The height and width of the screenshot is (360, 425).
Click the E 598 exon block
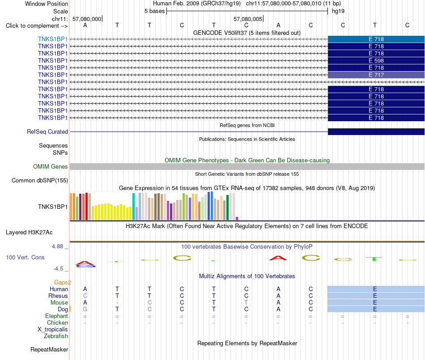[376, 60]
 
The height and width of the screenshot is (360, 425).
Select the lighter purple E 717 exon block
[376, 75]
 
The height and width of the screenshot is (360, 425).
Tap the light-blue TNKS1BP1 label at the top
[53, 39]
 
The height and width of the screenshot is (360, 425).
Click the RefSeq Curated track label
[47, 131]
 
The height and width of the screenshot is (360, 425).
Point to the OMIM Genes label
[51, 167]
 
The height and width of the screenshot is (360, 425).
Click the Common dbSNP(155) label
[40, 180]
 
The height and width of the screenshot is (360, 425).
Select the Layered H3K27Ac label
[29, 233]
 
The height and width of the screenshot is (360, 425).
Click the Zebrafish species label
[56, 336]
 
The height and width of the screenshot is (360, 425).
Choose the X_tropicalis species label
[53, 330]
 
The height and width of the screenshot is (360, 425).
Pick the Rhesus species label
[58, 296]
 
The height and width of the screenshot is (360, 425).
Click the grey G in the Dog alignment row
[85, 309]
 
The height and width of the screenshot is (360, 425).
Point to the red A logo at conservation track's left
[85, 263]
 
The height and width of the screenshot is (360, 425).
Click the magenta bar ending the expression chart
[237, 218]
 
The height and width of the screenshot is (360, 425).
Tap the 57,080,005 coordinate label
[248, 19]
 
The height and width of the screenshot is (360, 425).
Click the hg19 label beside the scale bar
[338, 11]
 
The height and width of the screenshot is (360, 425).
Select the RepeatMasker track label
[49, 349]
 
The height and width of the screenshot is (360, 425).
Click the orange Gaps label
[62, 283]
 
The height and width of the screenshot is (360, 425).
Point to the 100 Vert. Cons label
[25, 257]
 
